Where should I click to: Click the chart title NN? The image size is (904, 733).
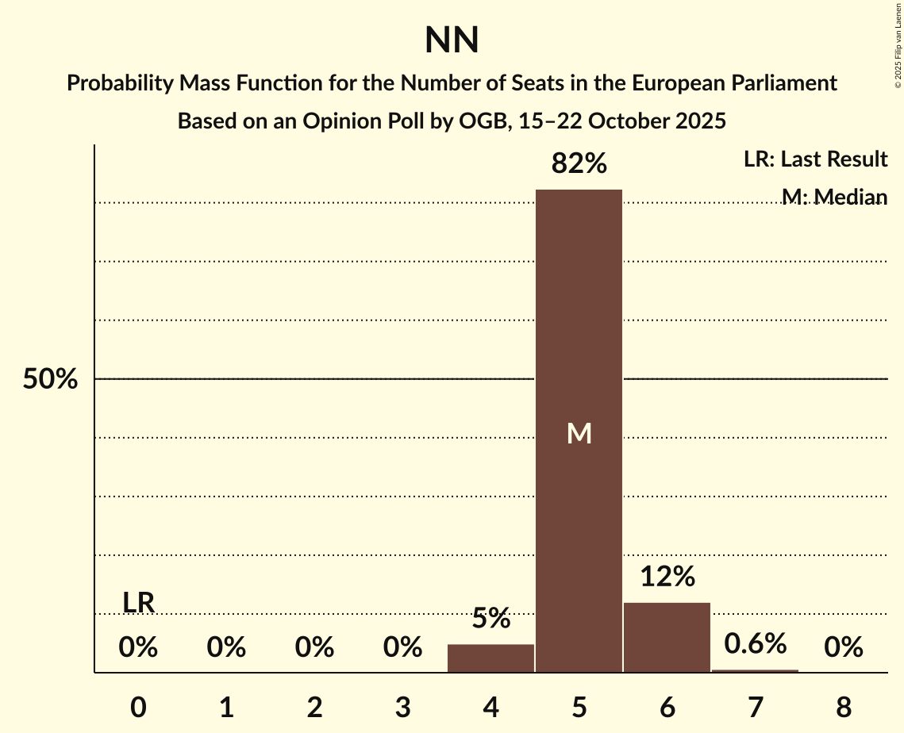(452, 40)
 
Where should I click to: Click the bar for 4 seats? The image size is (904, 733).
(490, 658)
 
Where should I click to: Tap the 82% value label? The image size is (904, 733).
(579, 164)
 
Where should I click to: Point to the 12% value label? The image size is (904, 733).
(667, 577)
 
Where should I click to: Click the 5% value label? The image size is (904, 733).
(490, 619)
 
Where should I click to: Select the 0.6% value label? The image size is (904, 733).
(755, 643)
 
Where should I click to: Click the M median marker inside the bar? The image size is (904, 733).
(579, 433)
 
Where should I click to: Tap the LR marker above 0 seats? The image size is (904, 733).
(138, 603)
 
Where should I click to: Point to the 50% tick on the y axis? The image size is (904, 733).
(50, 379)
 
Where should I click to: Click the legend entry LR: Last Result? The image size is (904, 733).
(815, 159)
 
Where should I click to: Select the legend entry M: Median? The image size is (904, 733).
(833, 197)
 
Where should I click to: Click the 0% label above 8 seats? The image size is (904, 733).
(843, 648)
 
